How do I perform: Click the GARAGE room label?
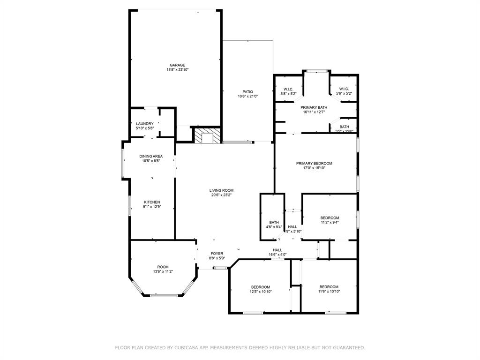(177, 65)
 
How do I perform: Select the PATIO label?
(247, 92)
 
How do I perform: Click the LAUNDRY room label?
(145, 124)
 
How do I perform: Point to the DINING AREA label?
(151, 156)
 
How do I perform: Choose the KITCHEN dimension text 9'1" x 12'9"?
(151, 207)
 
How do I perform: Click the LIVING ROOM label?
(221, 190)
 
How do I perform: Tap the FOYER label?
(217, 254)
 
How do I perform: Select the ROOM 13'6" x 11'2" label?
(163, 267)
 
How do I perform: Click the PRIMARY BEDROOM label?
(314, 163)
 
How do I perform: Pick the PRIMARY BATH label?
(314, 107)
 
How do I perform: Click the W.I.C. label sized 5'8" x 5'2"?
(288, 89)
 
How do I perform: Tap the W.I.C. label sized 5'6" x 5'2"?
(344, 89)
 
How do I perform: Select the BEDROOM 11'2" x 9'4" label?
(330, 218)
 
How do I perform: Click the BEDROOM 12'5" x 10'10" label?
(260, 287)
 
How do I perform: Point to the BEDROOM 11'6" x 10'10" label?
(329, 287)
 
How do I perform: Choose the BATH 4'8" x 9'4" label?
(274, 222)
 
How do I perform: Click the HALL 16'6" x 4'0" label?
(277, 250)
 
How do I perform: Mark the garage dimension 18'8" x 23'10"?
(177, 70)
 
